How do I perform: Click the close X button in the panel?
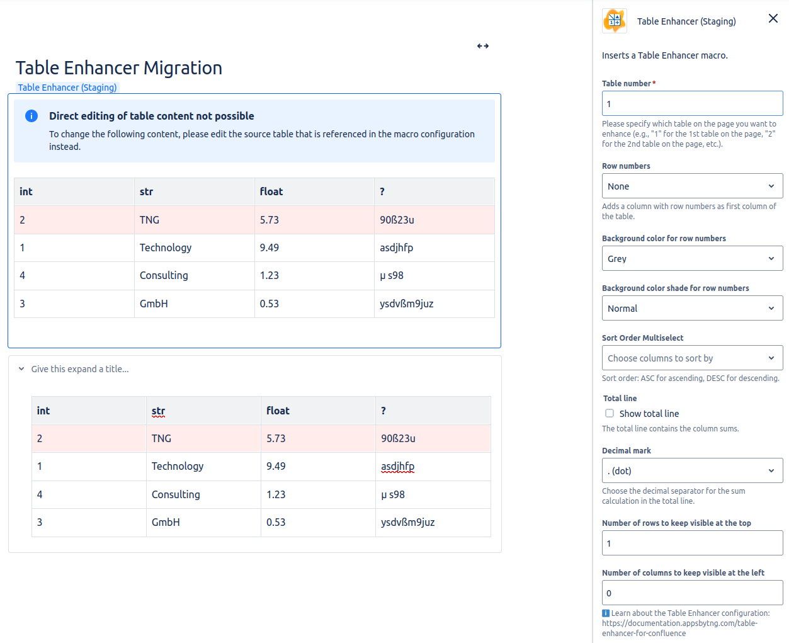(x=773, y=19)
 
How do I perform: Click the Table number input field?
(x=692, y=104)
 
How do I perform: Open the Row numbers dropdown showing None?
(x=692, y=186)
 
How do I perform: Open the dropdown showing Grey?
(x=692, y=259)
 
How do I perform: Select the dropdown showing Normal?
(x=692, y=309)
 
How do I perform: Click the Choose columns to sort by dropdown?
(x=692, y=358)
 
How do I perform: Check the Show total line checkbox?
(x=610, y=414)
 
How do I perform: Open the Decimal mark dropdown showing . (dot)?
(x=692, y=471)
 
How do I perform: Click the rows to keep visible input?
(x=692, y=543)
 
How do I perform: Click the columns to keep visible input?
(x=692, y=593)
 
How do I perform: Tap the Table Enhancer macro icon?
(x=615, y=21)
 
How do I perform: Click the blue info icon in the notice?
(x=31, y=116)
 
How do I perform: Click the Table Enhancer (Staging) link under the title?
(x=67, y=88)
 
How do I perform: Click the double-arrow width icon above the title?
(x=483, y=46)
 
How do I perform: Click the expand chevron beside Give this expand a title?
(x=21, y=369)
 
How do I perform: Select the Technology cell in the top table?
(x=166, y=248)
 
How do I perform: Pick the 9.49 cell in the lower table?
(x=276, y=467)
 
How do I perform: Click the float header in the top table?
(x=271, y=192)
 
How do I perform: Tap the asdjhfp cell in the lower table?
(x=397, y=467)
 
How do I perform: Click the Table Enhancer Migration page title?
(x=119, y=68)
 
